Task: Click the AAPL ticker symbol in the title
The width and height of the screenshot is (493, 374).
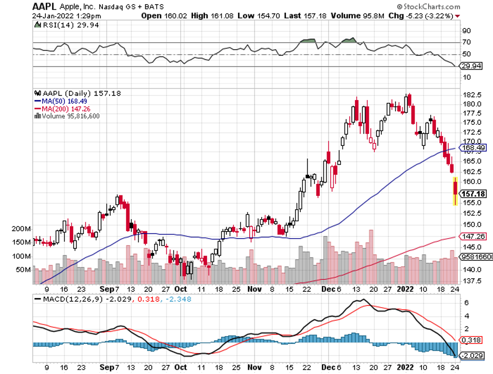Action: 44,6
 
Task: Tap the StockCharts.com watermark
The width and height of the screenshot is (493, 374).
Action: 431,7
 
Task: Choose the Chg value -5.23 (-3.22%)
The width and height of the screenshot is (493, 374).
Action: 421,16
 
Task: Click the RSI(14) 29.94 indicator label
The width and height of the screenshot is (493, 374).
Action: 58,25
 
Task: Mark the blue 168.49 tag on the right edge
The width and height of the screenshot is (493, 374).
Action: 472,148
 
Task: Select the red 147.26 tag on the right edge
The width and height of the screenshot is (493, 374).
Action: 472,237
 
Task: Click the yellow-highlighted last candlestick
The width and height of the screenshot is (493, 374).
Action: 455,191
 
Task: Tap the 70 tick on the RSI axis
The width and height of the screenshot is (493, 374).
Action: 467,42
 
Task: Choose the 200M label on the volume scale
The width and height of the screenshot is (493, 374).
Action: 21,229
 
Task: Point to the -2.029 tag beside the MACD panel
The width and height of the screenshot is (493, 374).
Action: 472,355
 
